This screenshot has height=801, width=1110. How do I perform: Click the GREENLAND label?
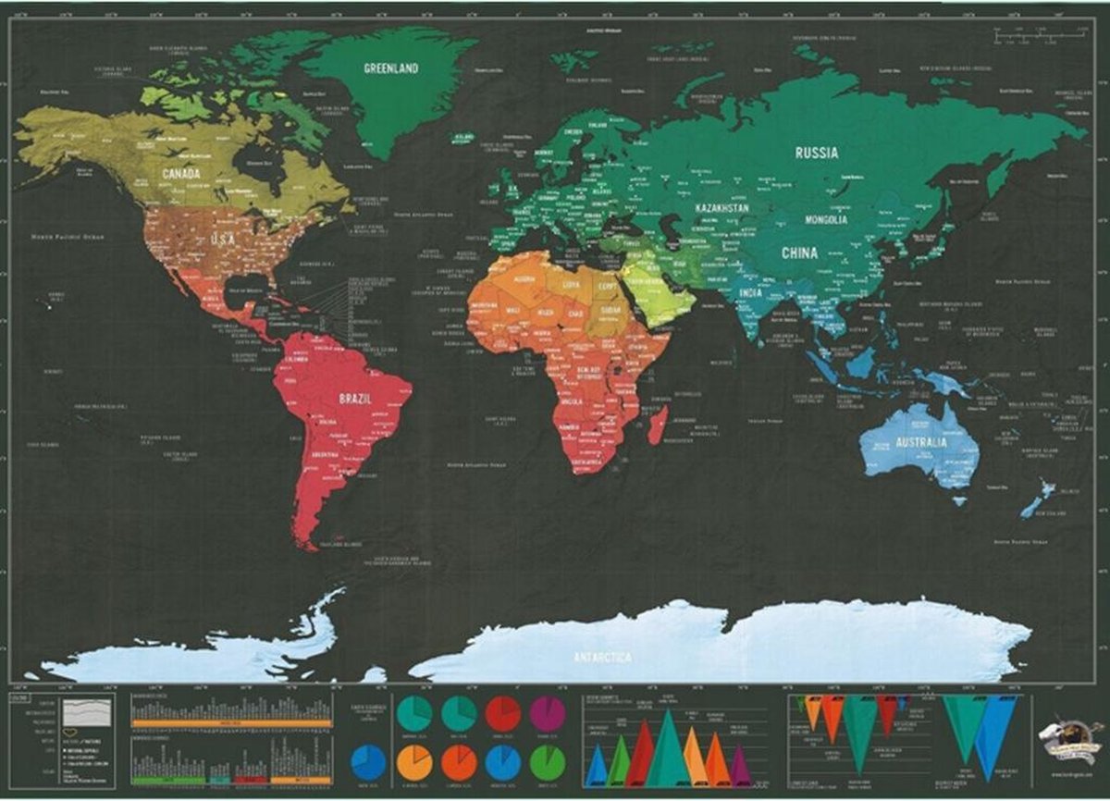(391, 68)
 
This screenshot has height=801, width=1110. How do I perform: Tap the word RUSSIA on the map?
(817, 153)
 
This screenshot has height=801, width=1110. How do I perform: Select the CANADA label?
(181, 174)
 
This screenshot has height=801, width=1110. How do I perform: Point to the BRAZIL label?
(355, 398)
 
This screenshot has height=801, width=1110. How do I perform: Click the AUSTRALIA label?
(919, 443)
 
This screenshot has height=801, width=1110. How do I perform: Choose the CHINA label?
(799, 253)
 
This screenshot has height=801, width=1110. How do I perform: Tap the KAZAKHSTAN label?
(721, 209)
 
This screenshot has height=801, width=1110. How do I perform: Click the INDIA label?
(751, 294)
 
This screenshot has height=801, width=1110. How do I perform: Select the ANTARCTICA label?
(601, 656)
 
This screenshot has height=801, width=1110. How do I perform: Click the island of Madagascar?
(658, 425)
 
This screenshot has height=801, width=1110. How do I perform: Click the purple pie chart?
(548, 713)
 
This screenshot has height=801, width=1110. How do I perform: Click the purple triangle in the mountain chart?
(740, 767)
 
